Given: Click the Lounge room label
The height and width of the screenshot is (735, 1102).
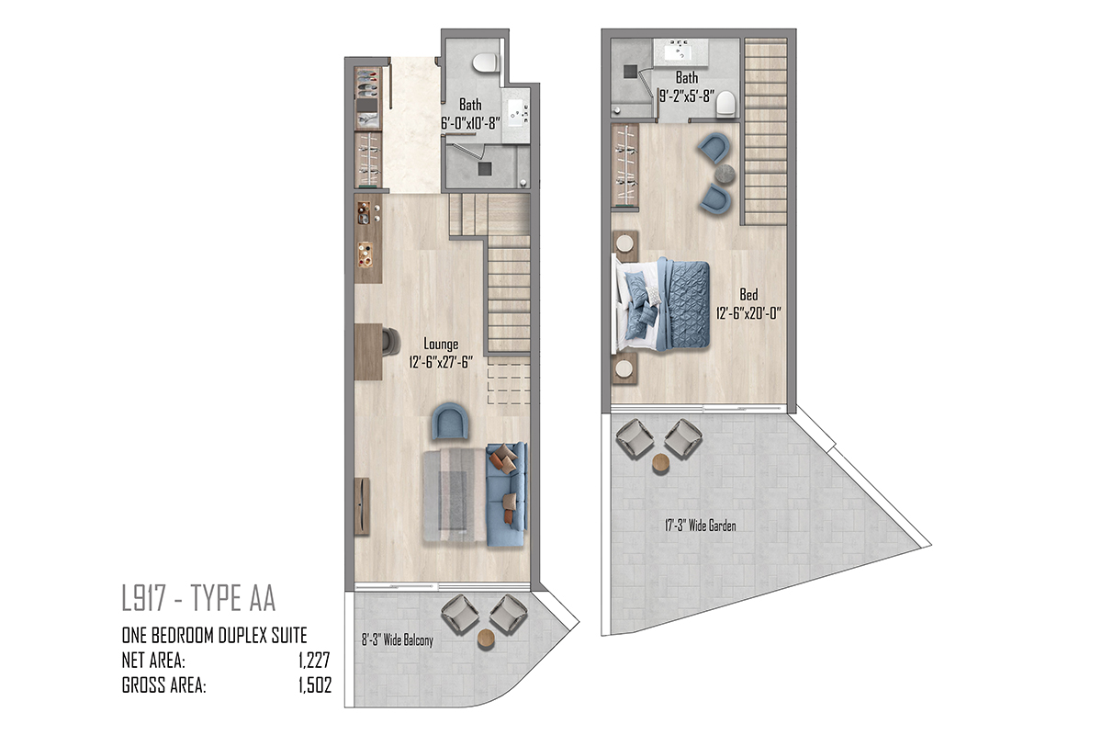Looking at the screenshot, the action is tap(441, 344).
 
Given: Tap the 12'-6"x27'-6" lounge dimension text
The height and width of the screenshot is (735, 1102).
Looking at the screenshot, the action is tap(441, 362).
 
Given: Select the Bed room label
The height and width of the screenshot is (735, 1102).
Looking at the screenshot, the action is tap(748, 294).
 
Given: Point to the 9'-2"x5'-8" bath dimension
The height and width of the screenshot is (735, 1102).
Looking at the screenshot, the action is tap(687, 96).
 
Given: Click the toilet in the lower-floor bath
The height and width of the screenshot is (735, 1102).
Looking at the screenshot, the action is tap(485, 62).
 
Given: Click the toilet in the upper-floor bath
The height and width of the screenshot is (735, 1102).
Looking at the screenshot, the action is tap(725, 105).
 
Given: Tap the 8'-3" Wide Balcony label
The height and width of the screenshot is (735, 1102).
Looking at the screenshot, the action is tap(398, 640).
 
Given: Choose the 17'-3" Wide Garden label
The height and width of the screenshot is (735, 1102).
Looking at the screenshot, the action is tap(701, 526).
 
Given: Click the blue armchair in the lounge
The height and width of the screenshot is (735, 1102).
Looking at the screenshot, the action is tap(450, 422).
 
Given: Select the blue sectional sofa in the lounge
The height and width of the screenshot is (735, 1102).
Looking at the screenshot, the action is tap(507, 494).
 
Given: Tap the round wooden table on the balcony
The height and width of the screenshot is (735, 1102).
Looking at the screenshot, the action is tap(486, 639).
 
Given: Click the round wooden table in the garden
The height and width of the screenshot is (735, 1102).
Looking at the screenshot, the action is tap(660, 463).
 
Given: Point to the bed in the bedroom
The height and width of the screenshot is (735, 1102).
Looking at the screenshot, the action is tap(660, 304).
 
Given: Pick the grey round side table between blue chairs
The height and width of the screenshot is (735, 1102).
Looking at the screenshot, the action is tap(725, 174).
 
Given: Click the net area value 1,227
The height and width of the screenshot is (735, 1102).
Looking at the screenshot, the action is tap(314, 661).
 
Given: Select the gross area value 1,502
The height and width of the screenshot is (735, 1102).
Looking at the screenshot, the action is tap(315, 685).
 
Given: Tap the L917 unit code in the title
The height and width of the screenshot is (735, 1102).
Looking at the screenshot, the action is tap(143, 598).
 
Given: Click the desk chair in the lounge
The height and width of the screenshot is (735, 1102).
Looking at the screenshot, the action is tap(391, 341).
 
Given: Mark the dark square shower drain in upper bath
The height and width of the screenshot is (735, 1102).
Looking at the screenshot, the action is tap(630, 72).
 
